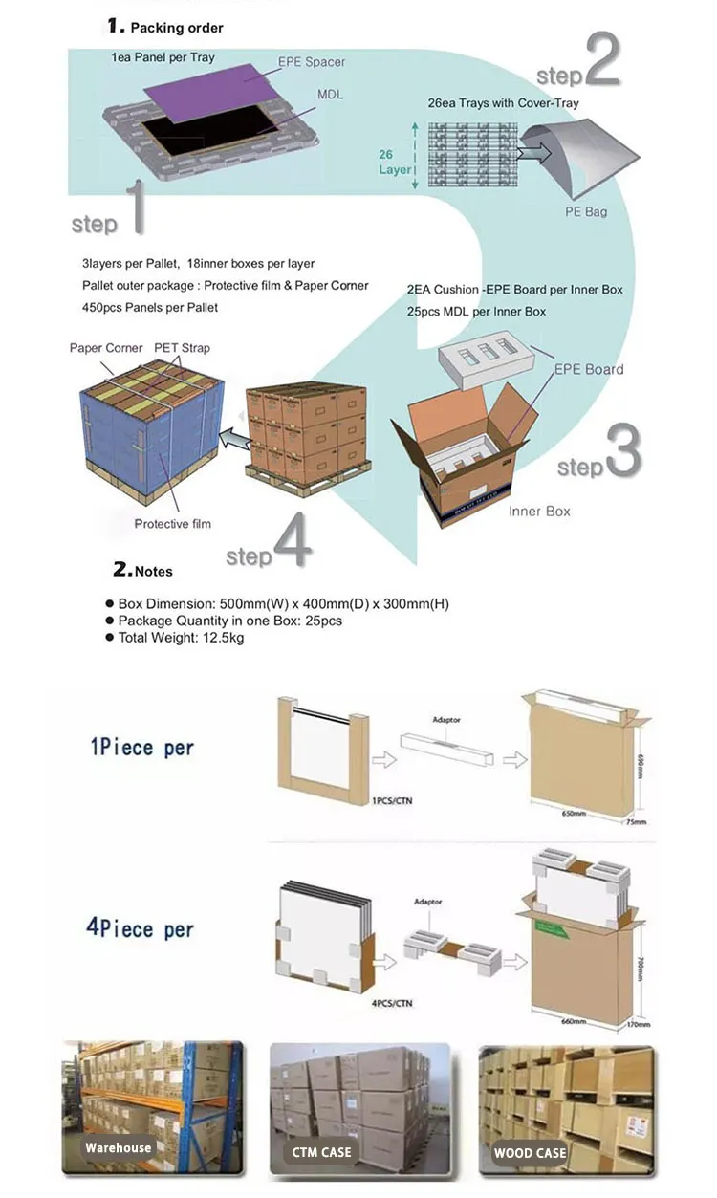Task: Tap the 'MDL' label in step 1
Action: click(x=331, y=96)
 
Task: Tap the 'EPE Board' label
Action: click(x=590, y=369)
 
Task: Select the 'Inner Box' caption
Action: click(x=539, y=512)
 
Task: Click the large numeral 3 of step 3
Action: click(x=622, y=450)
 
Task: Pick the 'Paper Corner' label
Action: click(x=106, y=348)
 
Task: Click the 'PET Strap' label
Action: click(x=182, y=348)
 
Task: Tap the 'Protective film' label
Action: click(x=172, y=524)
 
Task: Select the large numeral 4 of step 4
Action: click(x=292, y=543)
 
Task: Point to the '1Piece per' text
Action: click(x=141, y=747)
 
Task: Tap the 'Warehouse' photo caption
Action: click(x=118, y=1148)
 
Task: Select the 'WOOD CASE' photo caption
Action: click(x=530, y=1153)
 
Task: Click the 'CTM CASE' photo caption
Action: click(x=322, y=1153)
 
